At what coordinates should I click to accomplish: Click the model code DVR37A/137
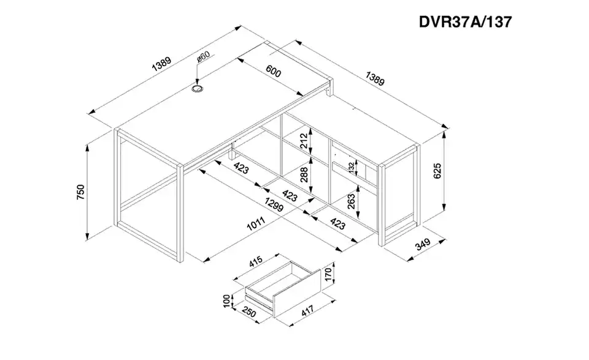[465, 22]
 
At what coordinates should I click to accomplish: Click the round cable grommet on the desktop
[197, 89]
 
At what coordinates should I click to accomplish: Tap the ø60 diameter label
[203, 58]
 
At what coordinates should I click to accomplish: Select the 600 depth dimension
[273, 71]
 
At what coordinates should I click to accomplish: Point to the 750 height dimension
[81, 192]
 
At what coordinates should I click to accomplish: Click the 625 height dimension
[437, 171]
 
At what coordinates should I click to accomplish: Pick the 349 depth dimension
[423, 244]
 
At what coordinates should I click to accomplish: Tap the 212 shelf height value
[304, 141]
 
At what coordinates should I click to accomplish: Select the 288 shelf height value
[304, 175]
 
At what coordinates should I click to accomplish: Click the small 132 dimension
[351, 167]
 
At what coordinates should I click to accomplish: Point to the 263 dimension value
[351, 201]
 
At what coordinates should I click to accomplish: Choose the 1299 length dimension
[274, 205]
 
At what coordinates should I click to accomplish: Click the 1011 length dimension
[256, 224]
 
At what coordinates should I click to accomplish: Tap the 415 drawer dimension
[256, 261]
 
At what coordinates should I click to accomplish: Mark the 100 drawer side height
[226, 301]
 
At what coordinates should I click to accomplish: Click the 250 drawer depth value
[248, 312]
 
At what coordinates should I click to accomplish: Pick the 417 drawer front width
[307, 310]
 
